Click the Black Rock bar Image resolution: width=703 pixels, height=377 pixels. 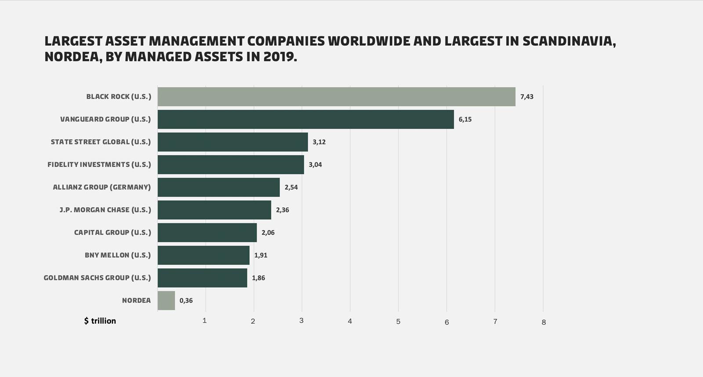pos(336,97)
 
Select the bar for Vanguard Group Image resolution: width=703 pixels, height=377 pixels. pos(305,119)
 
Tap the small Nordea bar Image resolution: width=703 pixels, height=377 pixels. pos(166,301)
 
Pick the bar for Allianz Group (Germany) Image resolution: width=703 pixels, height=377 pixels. pos(218,187)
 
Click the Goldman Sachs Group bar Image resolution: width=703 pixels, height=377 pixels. pos(202,278)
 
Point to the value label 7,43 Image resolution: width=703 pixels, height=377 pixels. pos(526,97)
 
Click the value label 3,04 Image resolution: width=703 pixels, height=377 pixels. pos(315,165)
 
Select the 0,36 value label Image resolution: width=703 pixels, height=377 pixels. pos(186,301)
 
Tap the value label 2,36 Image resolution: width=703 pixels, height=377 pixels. pos(282,210)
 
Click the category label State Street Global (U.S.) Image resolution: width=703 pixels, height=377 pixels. pos(101,142)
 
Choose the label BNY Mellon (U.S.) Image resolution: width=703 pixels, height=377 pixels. pos(117,255)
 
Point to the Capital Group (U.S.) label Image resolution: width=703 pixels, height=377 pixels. pos(112,233)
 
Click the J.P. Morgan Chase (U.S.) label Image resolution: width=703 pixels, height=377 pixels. pos(105,210)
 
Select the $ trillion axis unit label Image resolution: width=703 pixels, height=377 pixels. pos(100,321)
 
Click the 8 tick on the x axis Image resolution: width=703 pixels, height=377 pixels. pos(544,322)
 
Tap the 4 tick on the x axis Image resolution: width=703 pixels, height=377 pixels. pos(350,321)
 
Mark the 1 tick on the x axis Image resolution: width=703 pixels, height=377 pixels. pos(204,321)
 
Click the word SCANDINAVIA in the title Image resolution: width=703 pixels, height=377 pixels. pos(569,41)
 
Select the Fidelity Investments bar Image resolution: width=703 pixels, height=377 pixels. pos(231,165)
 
